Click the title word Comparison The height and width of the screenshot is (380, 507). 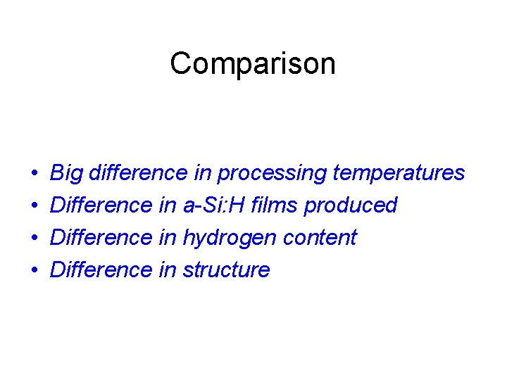coord(253,64)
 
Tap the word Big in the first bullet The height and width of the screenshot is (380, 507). coord(67,173)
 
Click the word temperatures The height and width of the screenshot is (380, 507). coord(399,173)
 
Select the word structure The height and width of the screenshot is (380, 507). coord(226,270)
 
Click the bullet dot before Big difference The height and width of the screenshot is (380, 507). coord(35,173)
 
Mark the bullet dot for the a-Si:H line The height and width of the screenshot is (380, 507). coord(35,205)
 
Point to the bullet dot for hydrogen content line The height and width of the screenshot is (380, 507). coord(35,238)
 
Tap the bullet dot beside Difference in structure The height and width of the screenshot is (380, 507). coord(35,270)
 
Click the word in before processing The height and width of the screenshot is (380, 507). coord(203,173)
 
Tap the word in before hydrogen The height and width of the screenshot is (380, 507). coord(167,238)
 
